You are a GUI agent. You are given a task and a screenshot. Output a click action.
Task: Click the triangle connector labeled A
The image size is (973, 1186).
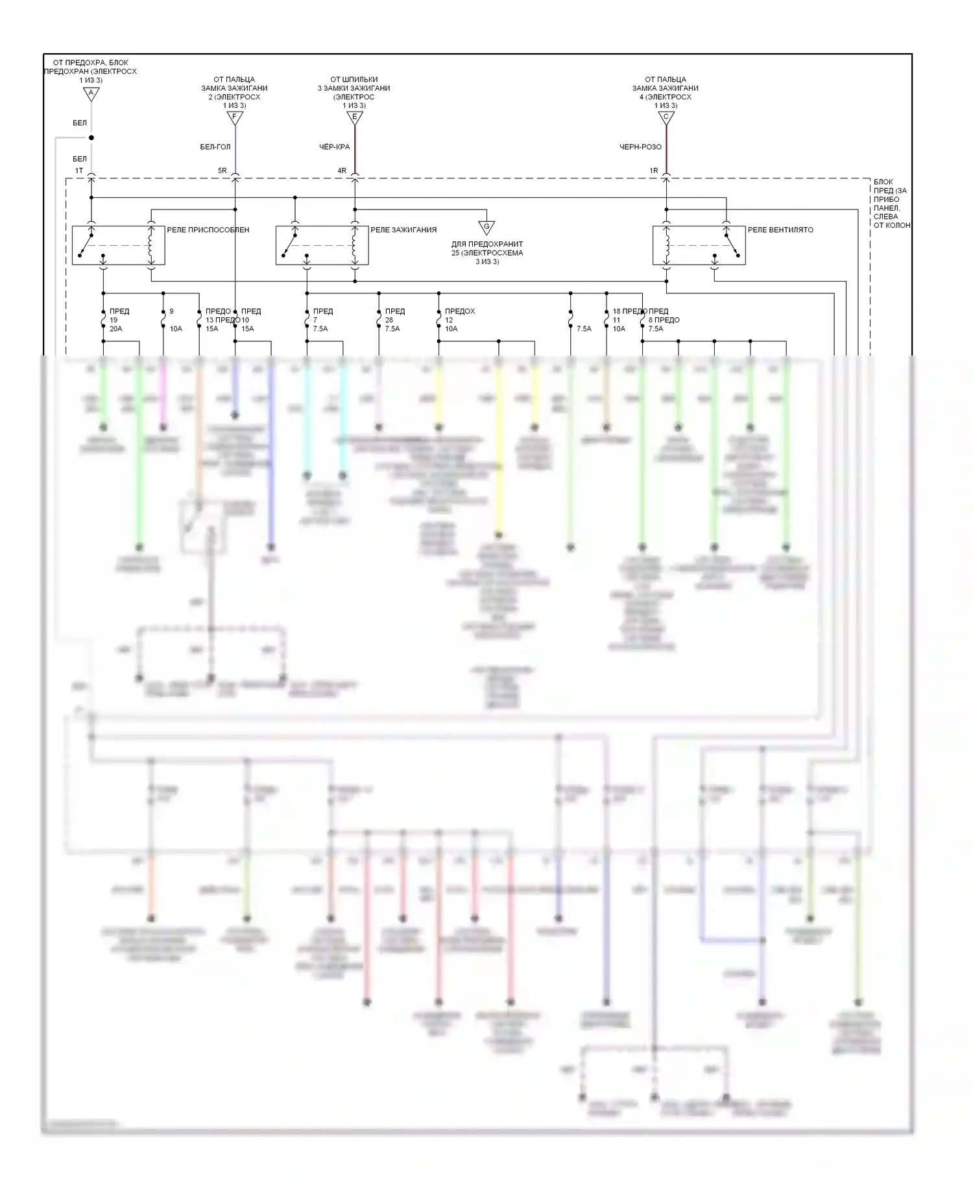91,94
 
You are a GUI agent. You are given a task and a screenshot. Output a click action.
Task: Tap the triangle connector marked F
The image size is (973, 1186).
235,118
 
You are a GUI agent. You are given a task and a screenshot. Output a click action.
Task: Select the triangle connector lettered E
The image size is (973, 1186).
354,118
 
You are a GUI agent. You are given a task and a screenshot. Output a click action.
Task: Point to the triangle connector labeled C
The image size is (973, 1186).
666,118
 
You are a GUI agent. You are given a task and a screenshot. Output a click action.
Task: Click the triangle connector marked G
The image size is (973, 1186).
486,227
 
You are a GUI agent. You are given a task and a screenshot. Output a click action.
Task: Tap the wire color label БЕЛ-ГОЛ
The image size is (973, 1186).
215,147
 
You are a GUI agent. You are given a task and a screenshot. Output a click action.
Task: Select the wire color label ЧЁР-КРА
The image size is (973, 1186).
335,147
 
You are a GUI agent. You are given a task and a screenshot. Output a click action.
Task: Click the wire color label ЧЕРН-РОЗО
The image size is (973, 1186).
640,147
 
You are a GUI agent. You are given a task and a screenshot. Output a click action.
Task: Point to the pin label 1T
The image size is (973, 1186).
79,171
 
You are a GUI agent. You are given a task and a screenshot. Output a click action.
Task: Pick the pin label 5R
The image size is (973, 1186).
222,171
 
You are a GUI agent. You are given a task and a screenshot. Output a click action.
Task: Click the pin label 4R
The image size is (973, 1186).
342,171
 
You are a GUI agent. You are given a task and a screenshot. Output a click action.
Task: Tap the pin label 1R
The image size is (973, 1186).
654,171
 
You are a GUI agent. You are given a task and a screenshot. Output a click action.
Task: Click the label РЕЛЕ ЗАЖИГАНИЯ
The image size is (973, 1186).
403,230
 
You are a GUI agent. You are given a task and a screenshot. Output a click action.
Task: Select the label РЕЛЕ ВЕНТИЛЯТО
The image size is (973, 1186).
780,230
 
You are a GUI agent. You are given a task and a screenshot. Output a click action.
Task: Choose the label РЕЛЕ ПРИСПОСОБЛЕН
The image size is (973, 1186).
208,230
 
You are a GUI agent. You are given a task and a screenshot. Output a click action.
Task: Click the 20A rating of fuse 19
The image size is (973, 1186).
116,329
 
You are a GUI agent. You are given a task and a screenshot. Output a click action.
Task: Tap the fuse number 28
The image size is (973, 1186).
389,320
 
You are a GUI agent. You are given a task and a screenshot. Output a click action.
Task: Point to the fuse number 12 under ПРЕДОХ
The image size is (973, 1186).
449,320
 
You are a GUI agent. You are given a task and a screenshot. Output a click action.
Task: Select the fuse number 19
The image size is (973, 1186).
114,320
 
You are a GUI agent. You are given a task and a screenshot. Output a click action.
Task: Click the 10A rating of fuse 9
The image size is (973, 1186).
176,329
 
